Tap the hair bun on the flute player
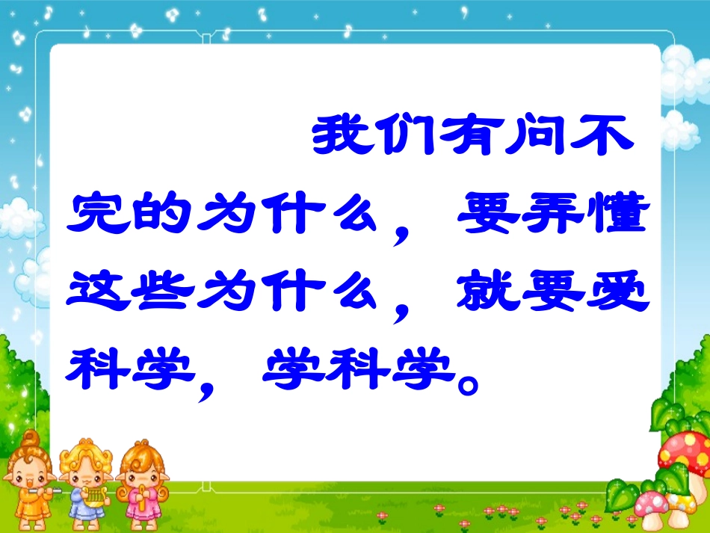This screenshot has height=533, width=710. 31,437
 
